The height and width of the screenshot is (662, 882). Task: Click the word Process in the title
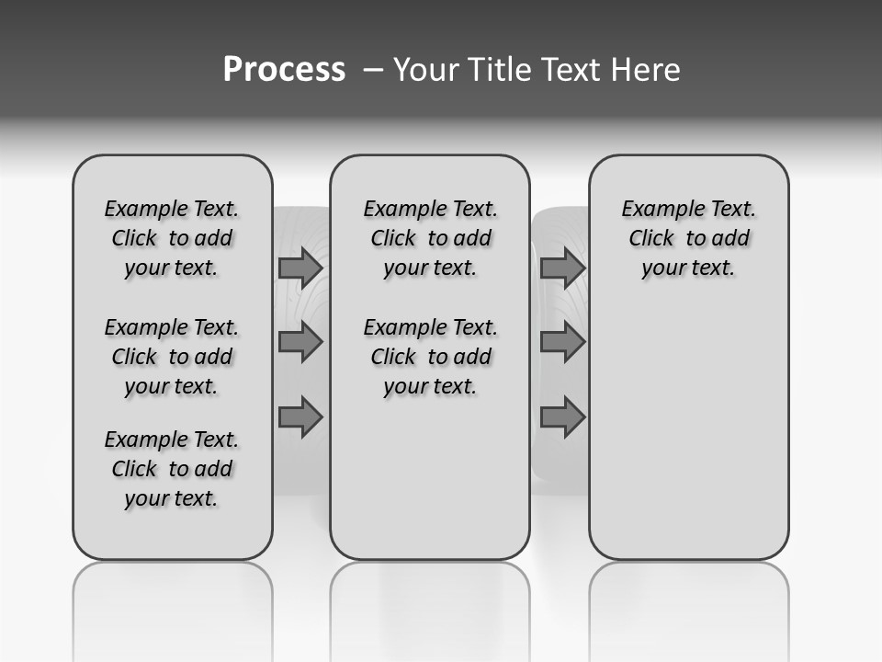[x=284, y=70]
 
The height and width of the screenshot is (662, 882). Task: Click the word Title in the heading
[x=497, y=70]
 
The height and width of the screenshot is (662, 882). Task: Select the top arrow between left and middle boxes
[x=300, y=268]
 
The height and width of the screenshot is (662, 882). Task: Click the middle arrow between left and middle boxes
[x=300, y=342]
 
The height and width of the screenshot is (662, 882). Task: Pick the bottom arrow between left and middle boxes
[x=300, y=417]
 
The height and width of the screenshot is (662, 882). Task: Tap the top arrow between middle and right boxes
[x=562, y=268]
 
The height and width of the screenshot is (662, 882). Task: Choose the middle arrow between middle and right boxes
[x=562, y=342]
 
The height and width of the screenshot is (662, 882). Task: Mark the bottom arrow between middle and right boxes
[x=562, y=417]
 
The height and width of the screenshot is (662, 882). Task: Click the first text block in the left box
[x=172, y=238]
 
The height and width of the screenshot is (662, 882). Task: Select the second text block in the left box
[x=172, y=357]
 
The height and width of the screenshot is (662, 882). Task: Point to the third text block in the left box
[x=172, y=469]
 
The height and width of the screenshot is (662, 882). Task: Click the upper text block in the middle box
[x=430, y=238]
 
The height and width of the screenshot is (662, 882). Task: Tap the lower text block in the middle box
[x=430, y=357]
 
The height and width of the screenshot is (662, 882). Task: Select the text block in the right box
[x=688, y=238]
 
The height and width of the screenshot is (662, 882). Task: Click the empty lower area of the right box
[x=688, y=432]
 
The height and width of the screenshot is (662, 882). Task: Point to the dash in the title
[x=373, y=70]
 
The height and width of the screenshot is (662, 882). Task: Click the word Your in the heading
[x=426, y=70]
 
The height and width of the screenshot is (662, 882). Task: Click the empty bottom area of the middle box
[x=430, y=487]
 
